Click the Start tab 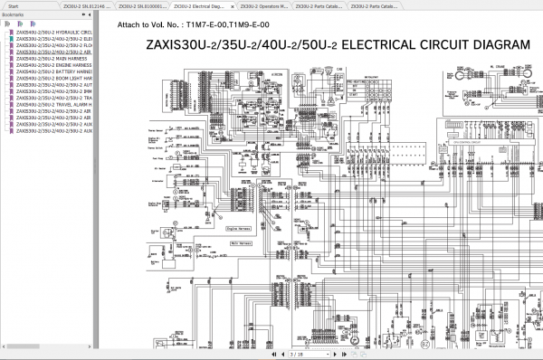coord(14,5)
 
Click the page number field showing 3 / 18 coord(295,355)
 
